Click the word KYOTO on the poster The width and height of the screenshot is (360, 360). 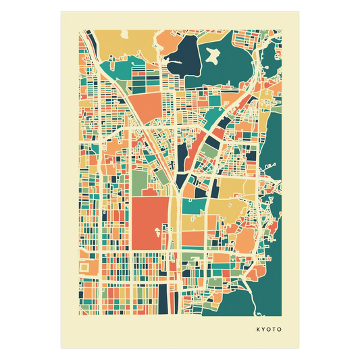(269, 330)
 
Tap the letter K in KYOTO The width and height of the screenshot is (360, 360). (257, 330)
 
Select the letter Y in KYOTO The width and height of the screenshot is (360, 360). (263, 330)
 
